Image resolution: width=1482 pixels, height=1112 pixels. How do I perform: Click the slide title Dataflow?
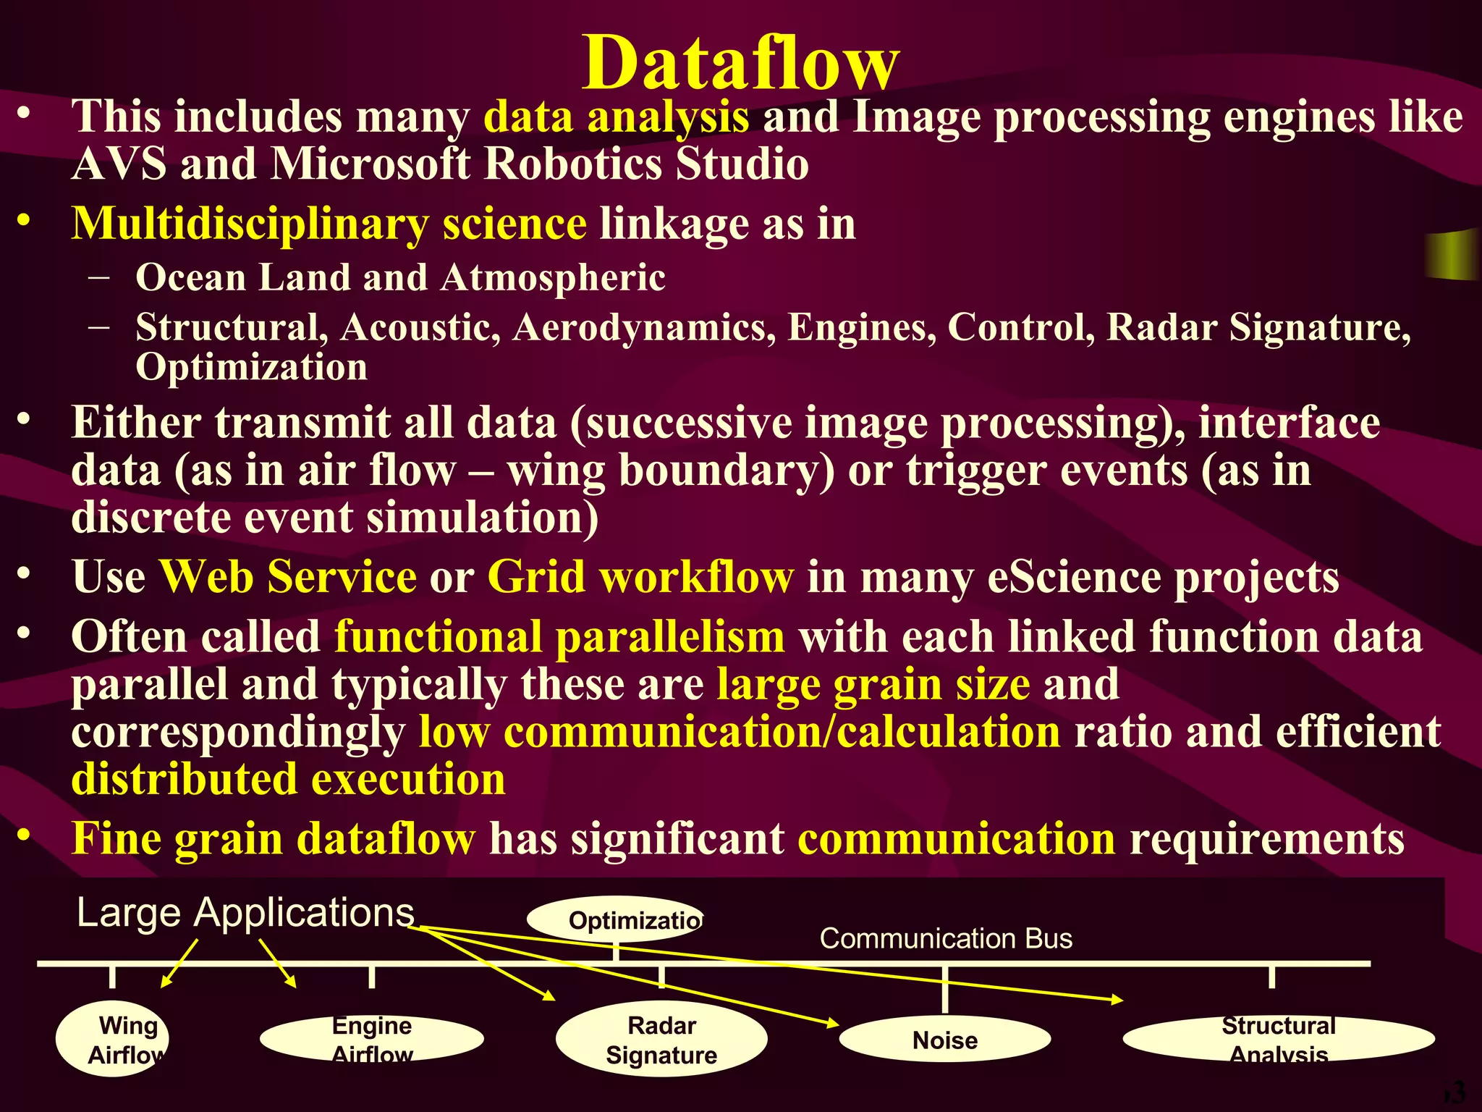point(740,64)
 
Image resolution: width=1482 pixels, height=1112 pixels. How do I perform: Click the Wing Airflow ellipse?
point(113,1039)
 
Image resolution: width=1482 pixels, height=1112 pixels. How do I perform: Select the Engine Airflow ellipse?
point(372,1040)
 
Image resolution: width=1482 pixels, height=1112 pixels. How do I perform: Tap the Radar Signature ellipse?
point(661,1040)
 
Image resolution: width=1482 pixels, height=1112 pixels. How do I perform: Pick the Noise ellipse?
point(944,1040)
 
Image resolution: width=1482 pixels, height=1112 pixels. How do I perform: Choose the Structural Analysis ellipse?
point(1278,1040)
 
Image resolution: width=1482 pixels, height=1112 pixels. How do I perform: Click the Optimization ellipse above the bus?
point(615,920)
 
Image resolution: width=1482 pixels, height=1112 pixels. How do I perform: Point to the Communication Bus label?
point(945,939)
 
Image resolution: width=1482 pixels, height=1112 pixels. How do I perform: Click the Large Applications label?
point(245,913)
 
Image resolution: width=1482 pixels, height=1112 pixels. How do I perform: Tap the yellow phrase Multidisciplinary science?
point(329,223)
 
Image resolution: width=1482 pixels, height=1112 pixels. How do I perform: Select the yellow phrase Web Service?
point(287,577)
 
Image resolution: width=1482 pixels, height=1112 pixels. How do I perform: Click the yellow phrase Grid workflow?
point(640,577)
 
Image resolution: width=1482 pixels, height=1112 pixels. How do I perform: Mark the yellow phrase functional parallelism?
point(559,636)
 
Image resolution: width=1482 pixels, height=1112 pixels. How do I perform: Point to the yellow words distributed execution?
point(288,779)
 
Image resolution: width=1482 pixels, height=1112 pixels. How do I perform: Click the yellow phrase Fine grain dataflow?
point(274,838)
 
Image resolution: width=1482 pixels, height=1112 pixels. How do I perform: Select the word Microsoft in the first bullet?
point(370,164)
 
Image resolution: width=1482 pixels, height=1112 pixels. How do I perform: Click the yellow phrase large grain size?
point(873,684)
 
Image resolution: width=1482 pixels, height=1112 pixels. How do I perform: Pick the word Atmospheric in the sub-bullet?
point(554,277)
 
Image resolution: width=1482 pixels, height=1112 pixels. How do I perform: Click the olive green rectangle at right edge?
point(1453,255)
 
